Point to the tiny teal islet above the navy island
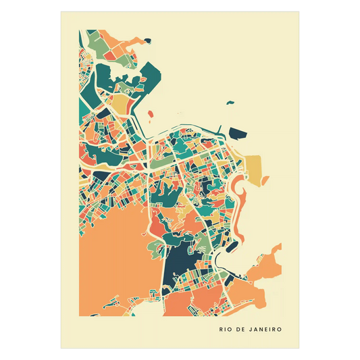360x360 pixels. pyautogui.click(x=231, y=103)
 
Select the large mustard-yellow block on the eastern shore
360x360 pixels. pyautogui.click(x=255, y=166)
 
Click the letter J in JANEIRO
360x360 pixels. pyautogui.click(x=249, y=330)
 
